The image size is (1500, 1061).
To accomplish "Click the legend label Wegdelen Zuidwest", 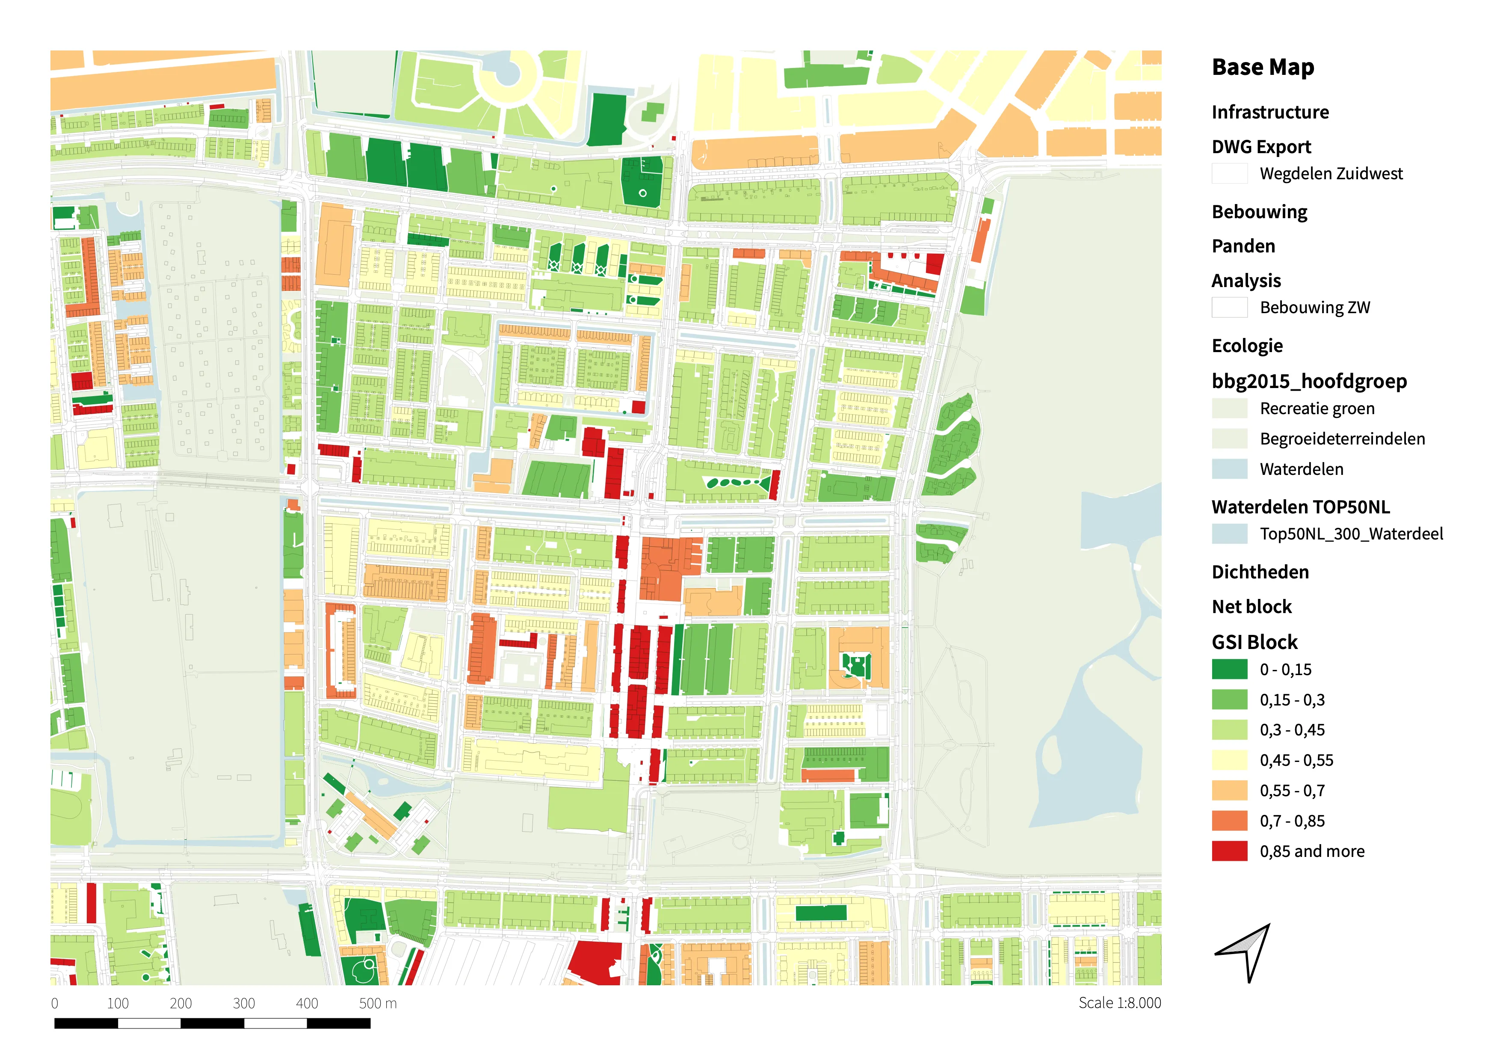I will coord(1330,174).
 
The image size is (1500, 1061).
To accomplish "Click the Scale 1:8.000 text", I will coord(1119,1003).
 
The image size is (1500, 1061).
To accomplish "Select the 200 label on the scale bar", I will coord(180,1004).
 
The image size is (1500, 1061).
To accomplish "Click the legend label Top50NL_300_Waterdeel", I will coord(1351,534).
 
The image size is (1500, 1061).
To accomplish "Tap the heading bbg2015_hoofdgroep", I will coord(1308,381).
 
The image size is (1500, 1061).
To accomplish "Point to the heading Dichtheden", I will coord(1260,572).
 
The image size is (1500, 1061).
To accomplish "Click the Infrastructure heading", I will coord(1269,113).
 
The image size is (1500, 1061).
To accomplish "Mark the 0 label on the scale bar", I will coord(55,1004).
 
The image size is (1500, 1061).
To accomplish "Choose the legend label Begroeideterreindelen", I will coord(1342,439).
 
